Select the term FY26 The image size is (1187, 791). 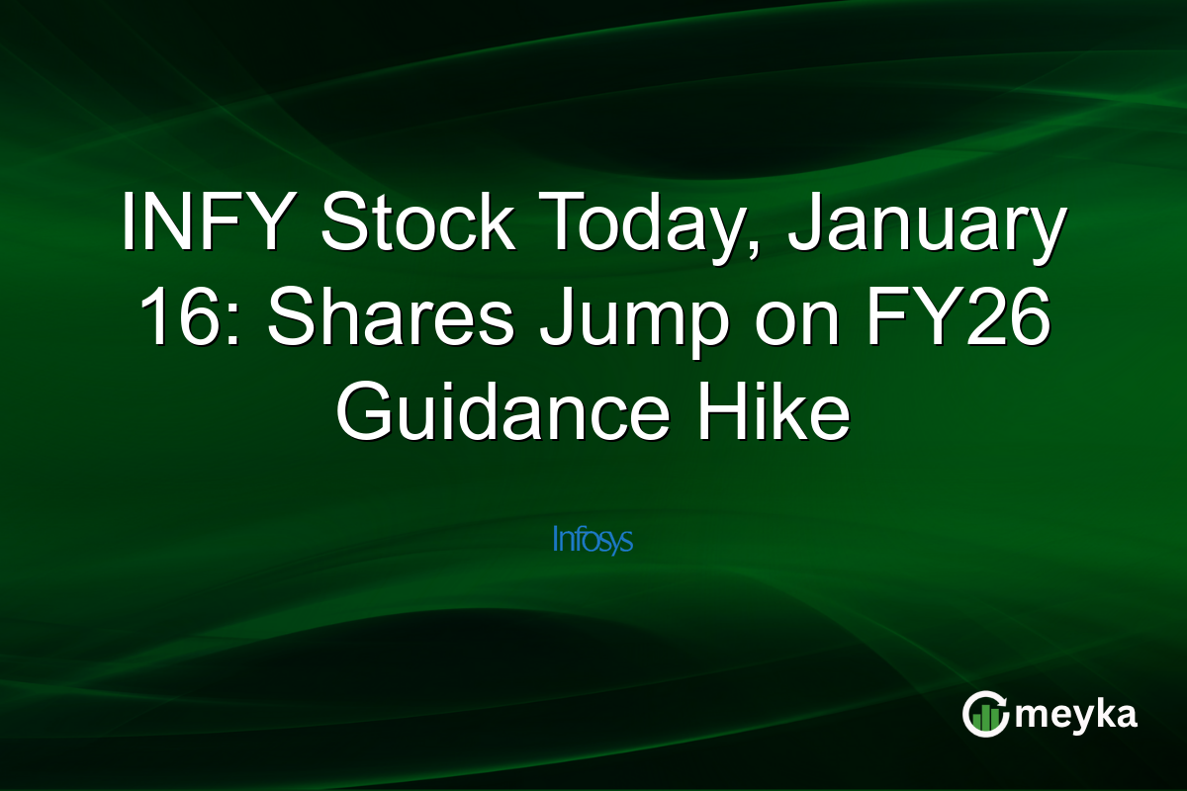tap(949, 320)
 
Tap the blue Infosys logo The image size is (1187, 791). tap(593, 540)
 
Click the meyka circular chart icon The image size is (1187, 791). tap(986, 714)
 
